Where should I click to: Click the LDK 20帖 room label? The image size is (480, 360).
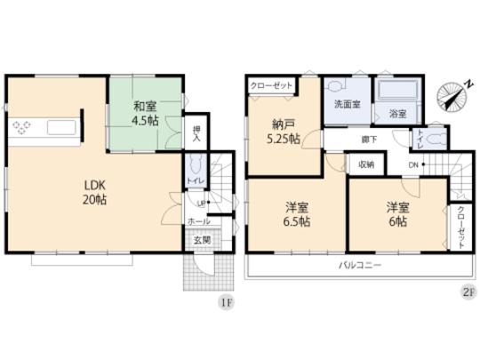[x=96, y=193]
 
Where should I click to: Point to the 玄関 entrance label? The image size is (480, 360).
[x=202, y=239]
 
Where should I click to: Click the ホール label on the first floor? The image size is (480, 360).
[x=198, y=221]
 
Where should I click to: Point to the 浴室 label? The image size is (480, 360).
[x=397, y=114]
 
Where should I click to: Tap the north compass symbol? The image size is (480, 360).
[x=453, y=97]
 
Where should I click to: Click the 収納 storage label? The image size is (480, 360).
[x=366, y=164]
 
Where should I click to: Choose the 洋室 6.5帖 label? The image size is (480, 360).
[x=284, y=213]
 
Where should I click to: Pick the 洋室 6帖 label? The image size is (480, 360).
[x=397, y=213]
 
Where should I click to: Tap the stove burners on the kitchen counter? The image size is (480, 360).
[x=23, y=125]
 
